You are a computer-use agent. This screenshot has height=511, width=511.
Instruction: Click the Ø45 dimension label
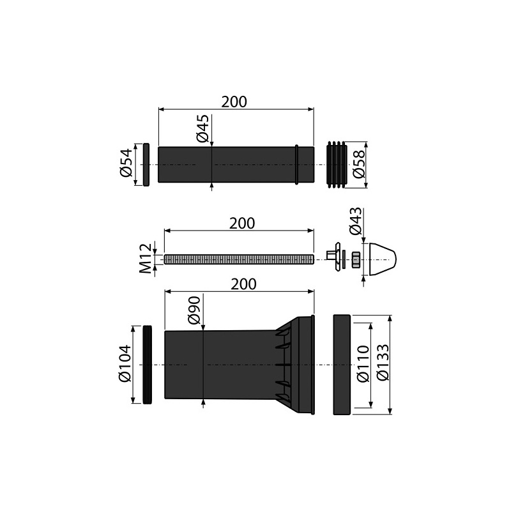(202, 128)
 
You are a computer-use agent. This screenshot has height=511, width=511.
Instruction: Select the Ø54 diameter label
(126, 163)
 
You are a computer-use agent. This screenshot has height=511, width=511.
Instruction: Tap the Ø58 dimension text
(359, 164)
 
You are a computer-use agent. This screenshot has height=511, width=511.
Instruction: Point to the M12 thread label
(146, 258)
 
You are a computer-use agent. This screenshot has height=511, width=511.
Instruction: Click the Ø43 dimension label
(355, 220)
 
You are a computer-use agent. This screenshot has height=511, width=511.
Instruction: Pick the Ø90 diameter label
(194, 310)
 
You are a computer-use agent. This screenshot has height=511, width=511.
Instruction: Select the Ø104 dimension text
(125, 363)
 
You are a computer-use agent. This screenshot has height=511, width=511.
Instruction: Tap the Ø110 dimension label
(363, 363)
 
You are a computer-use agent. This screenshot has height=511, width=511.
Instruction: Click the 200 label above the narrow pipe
(234, 102)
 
